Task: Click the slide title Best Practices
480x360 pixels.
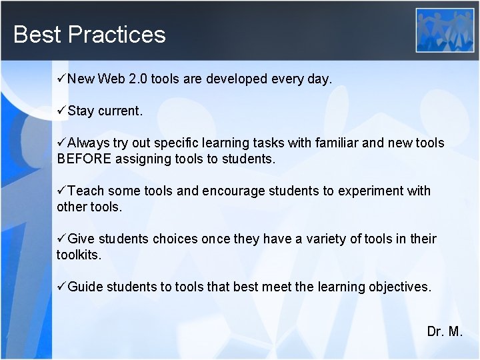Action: (89, 34)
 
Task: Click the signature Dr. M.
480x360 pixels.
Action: (445, 331)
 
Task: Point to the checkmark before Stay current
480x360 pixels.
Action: (61, 110)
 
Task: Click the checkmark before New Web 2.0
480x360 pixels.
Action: (61, 79)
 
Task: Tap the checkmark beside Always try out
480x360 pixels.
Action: (61, 143)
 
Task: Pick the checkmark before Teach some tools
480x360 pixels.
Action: (61, 191)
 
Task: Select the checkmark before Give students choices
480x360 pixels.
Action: (61, 239)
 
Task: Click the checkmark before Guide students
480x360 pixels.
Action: (61, 287)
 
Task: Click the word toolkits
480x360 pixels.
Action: (78, 255)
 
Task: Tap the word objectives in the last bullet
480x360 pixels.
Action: (400, 287)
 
